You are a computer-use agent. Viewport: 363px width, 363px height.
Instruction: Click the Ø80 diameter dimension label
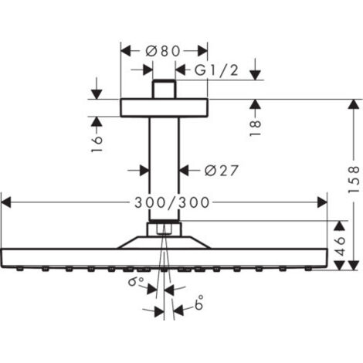[163, 51]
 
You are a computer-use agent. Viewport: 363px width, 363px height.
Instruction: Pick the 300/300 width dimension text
[165, 202]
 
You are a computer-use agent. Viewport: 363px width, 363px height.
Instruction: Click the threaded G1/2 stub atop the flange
[163, 89]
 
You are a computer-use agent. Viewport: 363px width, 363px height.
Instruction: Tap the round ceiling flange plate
[163, 107]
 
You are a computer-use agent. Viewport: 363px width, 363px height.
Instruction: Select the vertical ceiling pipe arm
[163, 166]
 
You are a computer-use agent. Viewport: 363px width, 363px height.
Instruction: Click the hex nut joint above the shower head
[163, 229]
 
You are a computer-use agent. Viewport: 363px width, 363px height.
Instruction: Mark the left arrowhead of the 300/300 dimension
[6, 202]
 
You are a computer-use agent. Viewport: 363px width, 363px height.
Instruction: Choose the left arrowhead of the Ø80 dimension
[125, 51]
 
